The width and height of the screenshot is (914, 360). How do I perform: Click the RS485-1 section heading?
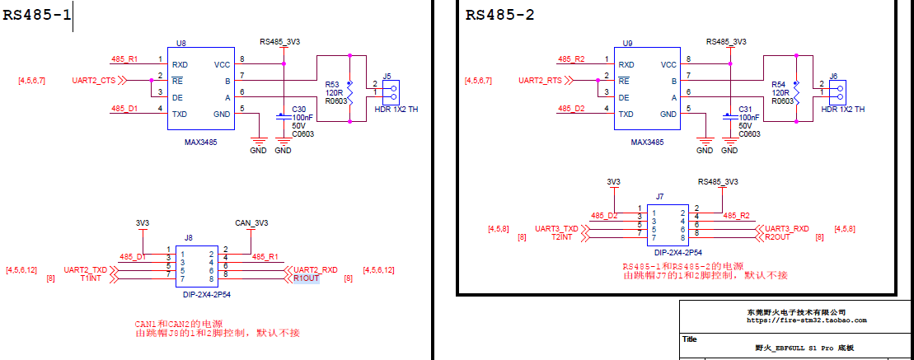(x=37, y=15)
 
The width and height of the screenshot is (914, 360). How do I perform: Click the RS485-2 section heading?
(x=499, y=15)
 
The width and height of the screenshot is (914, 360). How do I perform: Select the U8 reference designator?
(x=180, y=43)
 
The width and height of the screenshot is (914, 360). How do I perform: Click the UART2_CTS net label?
(x=94, y=81)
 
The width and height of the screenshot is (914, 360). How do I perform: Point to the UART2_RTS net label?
(x=540, y=81)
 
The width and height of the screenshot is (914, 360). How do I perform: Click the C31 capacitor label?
(x=746, y=109)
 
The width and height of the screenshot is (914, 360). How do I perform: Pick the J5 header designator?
(x=387, y=76)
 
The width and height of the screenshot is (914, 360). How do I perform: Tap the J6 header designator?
(x=833, y=76)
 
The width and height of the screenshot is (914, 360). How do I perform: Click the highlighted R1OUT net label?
(x=306, y=279)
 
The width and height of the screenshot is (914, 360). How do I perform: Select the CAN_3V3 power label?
(x=252, y=222)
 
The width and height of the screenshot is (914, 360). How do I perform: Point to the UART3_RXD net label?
(x=787, y=229)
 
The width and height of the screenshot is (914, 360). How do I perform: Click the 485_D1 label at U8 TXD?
(x=124, y=109)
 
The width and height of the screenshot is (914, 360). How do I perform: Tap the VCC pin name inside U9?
(x=668, y=64)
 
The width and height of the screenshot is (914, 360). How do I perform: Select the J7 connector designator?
(x=660, y=196)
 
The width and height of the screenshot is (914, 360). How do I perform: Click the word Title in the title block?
(x=690, y=339)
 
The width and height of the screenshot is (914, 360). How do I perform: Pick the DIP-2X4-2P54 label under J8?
(x=201, y=295)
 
